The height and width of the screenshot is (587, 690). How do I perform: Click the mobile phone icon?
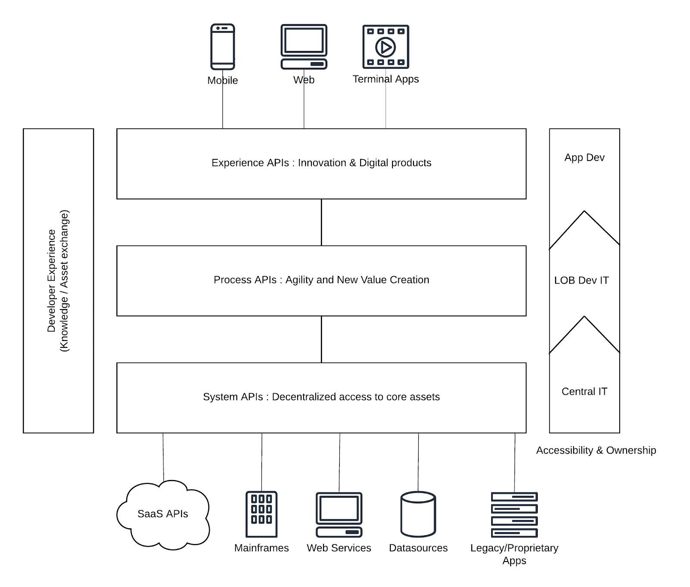click(223, 47)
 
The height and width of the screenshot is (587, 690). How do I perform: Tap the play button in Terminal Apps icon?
click(386, 47)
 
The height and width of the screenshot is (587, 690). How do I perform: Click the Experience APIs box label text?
click(321, 163)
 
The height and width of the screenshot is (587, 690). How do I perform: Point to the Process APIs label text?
click(321, 280)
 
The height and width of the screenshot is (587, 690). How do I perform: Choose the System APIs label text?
click(321, 397)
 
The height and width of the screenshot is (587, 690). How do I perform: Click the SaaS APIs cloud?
click(163, 514)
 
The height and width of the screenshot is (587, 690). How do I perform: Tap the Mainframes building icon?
click(261, 514)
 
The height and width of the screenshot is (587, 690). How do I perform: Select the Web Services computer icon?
click(339, 514)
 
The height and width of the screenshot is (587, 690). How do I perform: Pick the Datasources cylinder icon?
click(418, 514)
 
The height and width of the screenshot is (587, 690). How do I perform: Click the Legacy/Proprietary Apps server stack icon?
click(514, 514)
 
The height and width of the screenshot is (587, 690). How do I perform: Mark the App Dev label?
click(584, 158)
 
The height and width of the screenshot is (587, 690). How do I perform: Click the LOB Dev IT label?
click(581, 280)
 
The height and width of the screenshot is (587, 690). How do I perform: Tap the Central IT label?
click(584, 391)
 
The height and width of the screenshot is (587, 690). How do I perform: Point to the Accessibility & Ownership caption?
click(596, 450)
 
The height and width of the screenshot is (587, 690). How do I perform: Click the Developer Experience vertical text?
click(58, 281)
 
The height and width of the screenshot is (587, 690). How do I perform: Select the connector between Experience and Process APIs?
click(321, 222)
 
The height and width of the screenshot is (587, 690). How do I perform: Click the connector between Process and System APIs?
click(321, 339)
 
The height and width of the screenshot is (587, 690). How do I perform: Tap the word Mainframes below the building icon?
click(261, 548)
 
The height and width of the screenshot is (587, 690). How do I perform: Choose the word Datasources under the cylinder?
click(418, 548)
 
